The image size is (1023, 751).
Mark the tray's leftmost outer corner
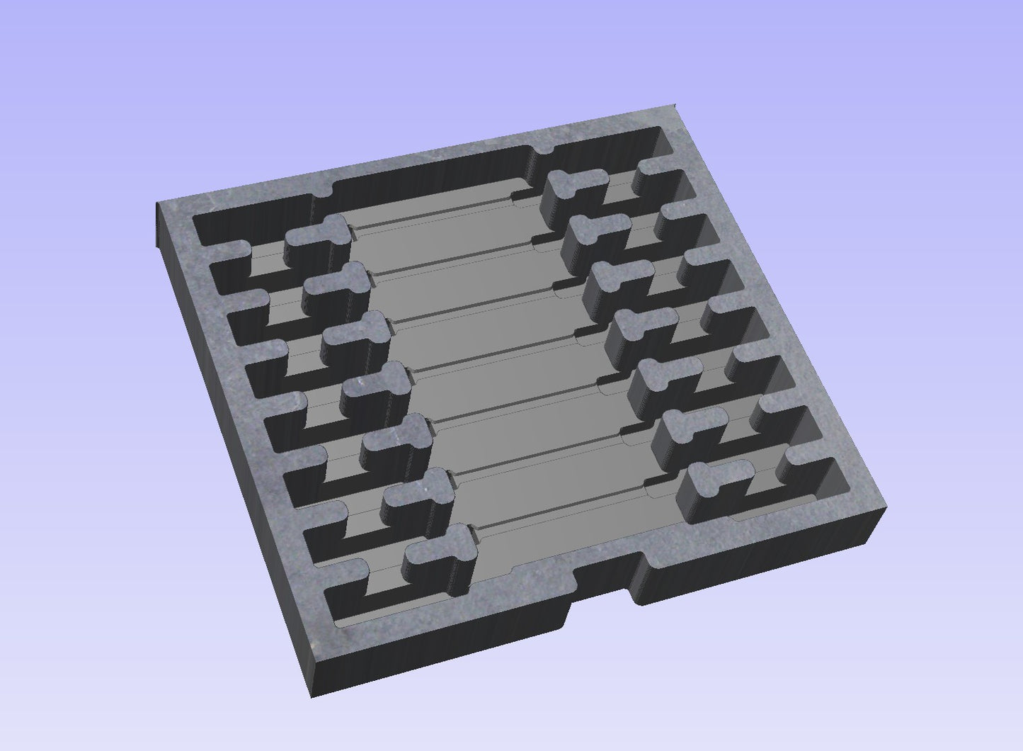click(x=156, y=205)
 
